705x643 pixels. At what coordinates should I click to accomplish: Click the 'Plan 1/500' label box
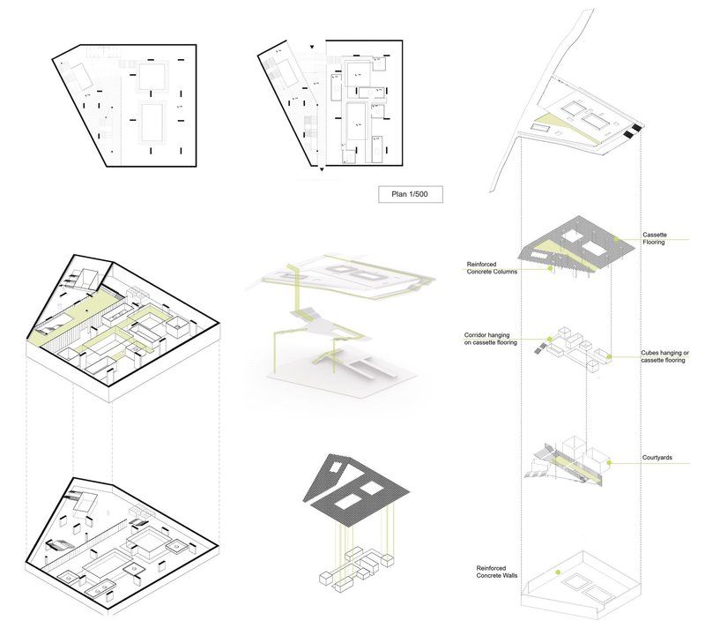point(410,195)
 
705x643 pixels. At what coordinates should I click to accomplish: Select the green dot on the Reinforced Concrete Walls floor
point(559,573)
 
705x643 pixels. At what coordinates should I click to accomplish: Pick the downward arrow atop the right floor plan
point(311,46)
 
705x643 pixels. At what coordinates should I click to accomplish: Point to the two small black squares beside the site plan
point(631,131)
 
